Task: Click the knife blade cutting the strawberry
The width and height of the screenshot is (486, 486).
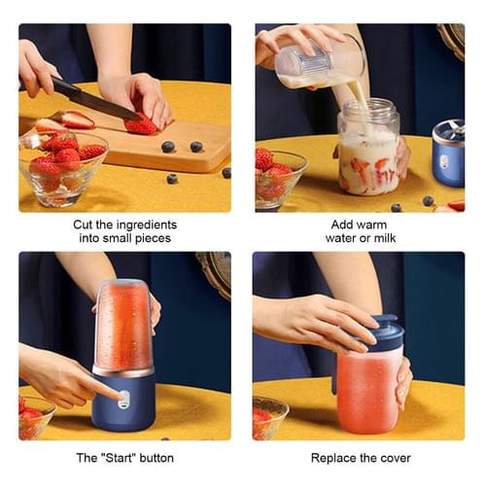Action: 92,100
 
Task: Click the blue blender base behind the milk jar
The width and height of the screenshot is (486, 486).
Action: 448,156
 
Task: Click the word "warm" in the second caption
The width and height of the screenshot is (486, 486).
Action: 370,223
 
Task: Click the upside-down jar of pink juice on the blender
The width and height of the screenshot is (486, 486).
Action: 123,326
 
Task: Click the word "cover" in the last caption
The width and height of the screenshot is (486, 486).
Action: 393,457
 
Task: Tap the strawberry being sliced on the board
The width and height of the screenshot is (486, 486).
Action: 141,123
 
